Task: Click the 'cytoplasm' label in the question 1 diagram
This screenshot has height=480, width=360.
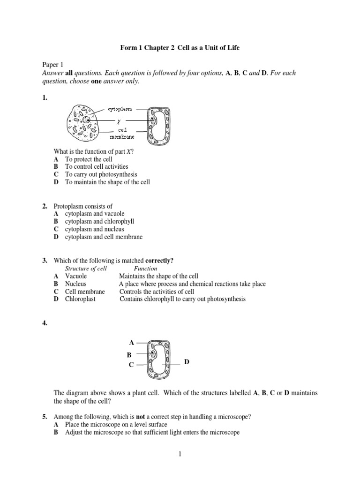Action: coord(121,109)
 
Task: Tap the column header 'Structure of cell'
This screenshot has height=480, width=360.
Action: coord(86,269)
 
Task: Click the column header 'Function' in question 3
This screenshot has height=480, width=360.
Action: coord(145,269)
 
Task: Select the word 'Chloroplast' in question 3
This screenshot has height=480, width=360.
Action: coord(80,299)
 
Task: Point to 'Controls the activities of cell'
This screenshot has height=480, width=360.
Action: coord(157,292)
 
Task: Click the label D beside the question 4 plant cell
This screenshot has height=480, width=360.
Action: coord(187,362)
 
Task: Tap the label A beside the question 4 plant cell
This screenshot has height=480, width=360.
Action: coord(131,343)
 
